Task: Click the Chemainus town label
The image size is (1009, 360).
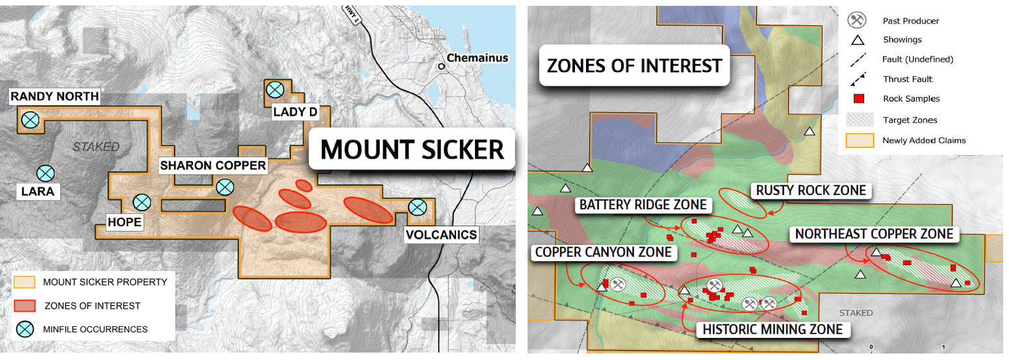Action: click(x=478, y=58)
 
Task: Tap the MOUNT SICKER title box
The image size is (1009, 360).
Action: click(x=413, y=149)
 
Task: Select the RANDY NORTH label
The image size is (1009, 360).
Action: click(x=55, y=97)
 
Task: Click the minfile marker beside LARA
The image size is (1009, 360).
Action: click(x=45, y=174)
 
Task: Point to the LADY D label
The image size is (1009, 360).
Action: click(x=295, y=112)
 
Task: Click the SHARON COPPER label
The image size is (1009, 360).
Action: click(x=214, y=165)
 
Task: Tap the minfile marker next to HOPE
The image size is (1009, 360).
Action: click(x=142, y=203)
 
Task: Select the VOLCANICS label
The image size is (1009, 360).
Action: click(x=441, y=235)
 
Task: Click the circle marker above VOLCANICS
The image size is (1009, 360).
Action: click(x=417, y=207)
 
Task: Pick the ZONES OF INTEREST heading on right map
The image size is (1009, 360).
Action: click(x=635, y=66)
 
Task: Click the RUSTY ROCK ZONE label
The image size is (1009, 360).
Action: click(x=811, y=190)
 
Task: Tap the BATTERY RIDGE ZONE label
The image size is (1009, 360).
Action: click(x=643, y=205)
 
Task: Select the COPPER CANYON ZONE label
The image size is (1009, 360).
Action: click(x=602, y=251)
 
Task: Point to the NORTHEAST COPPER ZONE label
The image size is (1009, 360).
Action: click(x=874, y=234)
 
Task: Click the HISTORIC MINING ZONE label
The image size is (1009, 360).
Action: click(x=773, y=329)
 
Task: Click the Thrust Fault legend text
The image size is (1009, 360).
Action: click(x=908, y=79)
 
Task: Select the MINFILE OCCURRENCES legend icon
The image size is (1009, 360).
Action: click(x=26, y=329)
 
